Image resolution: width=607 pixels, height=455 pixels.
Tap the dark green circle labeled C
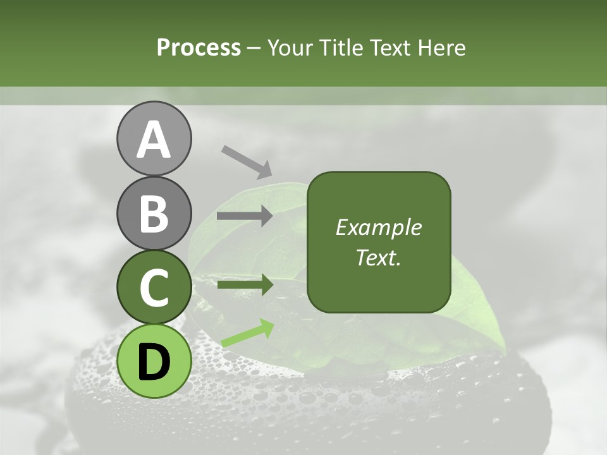point(154,288)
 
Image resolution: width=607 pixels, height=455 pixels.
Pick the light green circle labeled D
point(154,373)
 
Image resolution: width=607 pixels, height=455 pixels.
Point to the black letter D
point(154,361)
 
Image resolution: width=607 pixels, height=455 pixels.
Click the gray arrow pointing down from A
point(247,161)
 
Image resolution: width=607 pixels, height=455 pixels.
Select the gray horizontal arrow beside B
point(245,216)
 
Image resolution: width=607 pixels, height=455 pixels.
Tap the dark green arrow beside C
point(245,285)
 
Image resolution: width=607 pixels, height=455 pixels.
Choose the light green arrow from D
point(247,333)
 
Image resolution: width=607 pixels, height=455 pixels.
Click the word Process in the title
point(199,48)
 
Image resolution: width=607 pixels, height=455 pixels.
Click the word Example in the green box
point(379,228)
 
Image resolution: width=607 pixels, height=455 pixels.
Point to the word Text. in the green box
point(379,258)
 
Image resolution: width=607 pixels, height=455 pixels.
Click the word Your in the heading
point(292,48)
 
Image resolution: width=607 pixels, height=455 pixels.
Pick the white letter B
point(154,214)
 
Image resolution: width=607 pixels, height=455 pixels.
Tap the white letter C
point(154,288)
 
